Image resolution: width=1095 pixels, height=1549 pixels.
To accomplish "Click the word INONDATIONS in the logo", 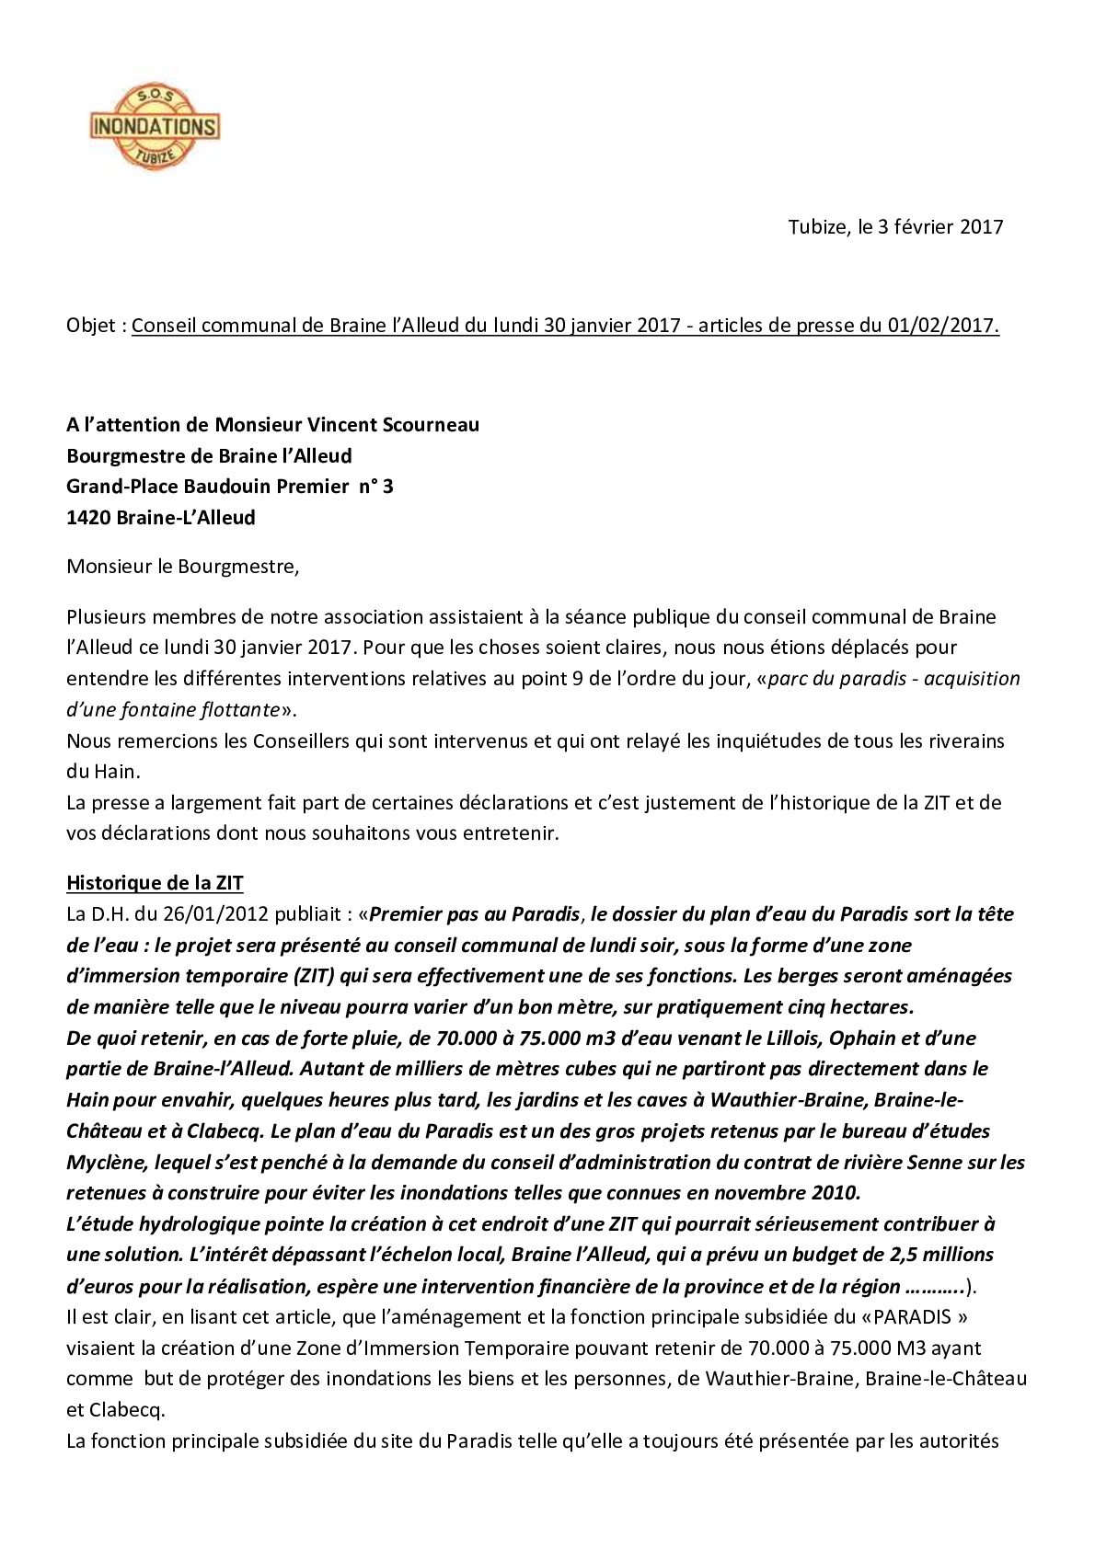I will [155, 126].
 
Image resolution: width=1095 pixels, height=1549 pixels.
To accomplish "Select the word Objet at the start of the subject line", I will [91, 326].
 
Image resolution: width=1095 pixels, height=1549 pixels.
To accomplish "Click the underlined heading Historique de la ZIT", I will [155, 883].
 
